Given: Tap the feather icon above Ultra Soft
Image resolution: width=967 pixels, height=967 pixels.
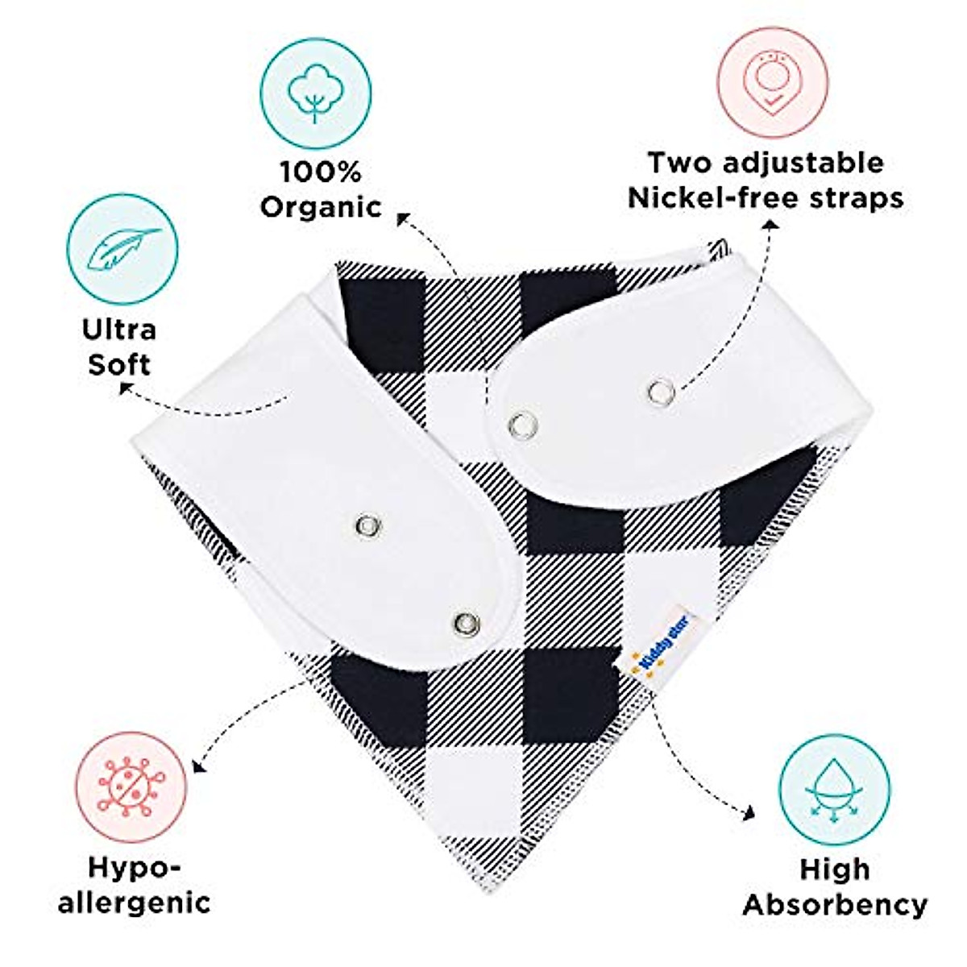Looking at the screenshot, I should (x=122, y=249).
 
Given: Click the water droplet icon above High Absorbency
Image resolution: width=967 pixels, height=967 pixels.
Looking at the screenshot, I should (x=834, y=790).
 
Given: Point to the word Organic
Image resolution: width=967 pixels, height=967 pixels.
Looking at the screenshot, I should (x=321, y=207).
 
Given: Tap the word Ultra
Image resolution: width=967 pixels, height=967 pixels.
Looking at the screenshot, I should (x=119, y=329).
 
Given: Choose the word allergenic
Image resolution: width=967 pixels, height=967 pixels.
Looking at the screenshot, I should (x=134, y=901).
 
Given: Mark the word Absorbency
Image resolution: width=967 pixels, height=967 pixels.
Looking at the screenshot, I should (x=835, y=904).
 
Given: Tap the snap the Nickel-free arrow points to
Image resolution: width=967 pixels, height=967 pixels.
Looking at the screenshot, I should (x=659, y=392).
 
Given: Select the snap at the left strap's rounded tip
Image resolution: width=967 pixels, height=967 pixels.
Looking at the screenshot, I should (x=465, y=621).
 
